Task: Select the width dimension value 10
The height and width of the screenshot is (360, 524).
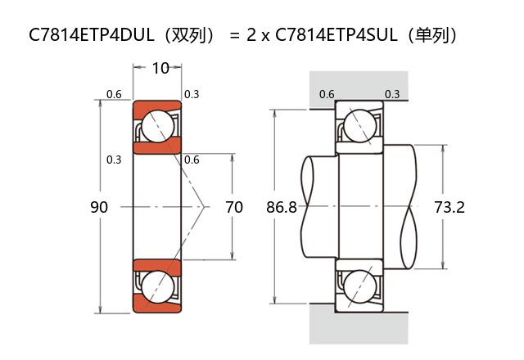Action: click(x=160, y=68)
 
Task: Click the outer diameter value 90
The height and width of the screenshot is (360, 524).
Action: click(x=98, y=208)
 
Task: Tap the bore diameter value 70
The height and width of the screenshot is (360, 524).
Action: click(x=234, y=208)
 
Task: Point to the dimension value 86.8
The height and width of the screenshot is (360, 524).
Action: click(x=282, y=208)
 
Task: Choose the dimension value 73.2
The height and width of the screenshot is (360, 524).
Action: click(x=449, y=208)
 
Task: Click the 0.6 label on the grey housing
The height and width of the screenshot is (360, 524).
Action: click(x=327, y=94)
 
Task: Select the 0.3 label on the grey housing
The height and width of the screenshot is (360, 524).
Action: click(x=392, y=94)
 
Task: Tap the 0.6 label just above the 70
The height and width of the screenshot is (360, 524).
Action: click(x=192, y=160)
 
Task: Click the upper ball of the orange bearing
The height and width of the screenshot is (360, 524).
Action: click(x=156, y=127)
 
